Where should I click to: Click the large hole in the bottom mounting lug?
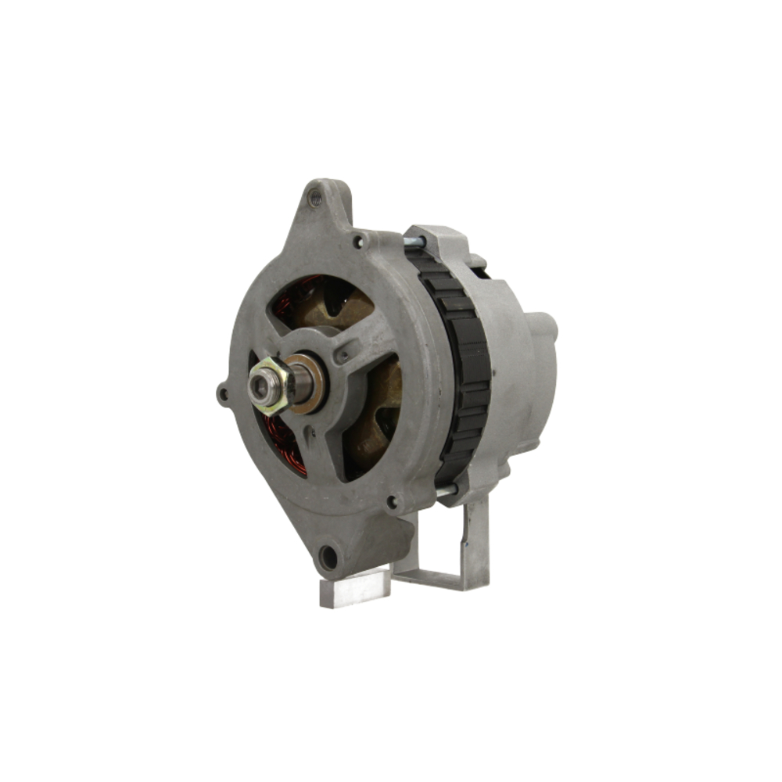point(328,558)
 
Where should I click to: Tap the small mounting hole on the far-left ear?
point(224,394)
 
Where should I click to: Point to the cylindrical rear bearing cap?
point(540,352)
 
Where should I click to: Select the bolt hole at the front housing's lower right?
point(391,500)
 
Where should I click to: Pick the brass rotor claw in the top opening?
point(328,309)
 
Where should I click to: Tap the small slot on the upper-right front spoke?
point(343,357)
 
